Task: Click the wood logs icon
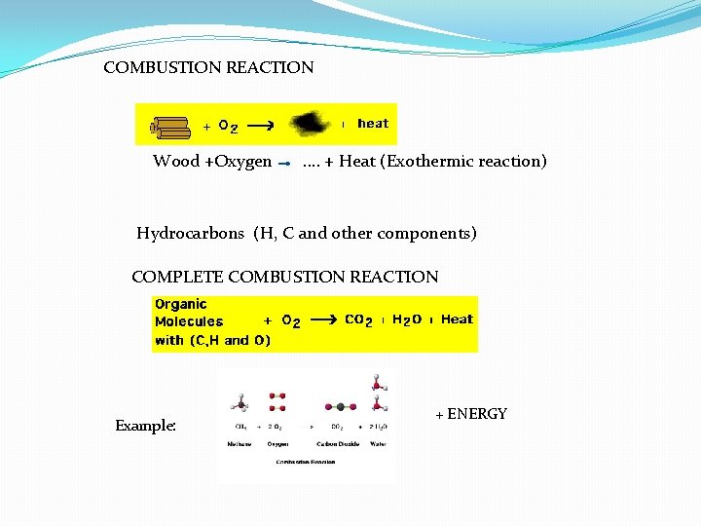pos(169,126)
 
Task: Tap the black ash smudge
pos(311,123)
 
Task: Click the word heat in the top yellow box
pos(373,124)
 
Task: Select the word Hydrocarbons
pos(191,234)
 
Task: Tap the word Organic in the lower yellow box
pos(181,304)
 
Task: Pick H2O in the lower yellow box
pos(407,319)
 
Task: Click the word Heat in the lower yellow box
pos(457,319)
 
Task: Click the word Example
pos(145,426)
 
